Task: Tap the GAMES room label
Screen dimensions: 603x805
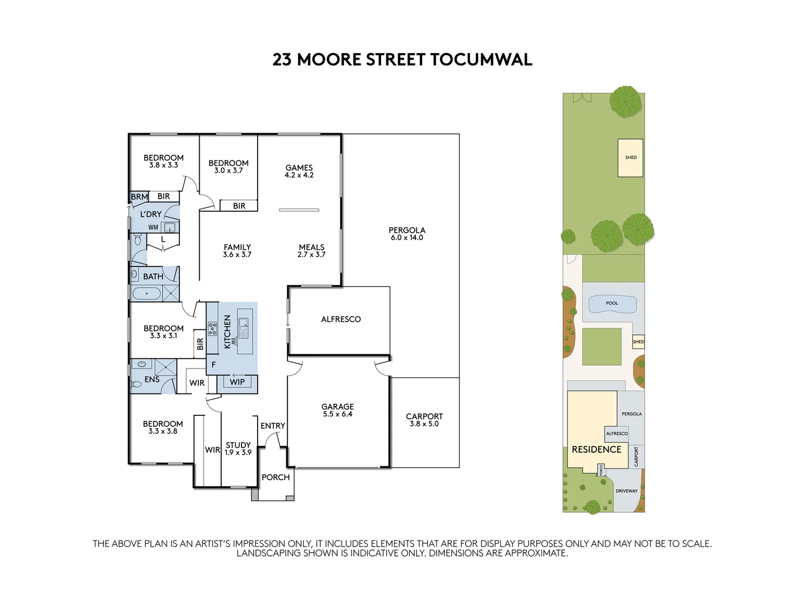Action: pos(299,168)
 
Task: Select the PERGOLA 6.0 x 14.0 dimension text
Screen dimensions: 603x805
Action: pos(407,238)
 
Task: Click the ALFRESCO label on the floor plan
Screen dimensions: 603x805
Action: pos(340,319)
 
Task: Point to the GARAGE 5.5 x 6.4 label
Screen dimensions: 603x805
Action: pos(337,410)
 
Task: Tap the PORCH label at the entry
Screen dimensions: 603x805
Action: pos(276,477)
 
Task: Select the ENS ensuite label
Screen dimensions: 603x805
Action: pos(152,380)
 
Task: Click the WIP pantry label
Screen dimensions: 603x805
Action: pos(238,382)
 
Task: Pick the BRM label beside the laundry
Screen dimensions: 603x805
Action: pos(139,197)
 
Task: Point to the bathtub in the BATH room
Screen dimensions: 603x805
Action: pos(146,293)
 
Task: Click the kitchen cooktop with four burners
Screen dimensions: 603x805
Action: pos(212,329)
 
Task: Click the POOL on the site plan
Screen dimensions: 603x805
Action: pos(612,304)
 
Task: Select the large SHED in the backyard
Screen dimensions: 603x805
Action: pos(631,157)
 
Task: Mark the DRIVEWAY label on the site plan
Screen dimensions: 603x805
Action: pos(626,491)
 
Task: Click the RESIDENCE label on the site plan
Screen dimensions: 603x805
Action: pos(596,449)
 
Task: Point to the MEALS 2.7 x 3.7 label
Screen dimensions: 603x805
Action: pos(311,251)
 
